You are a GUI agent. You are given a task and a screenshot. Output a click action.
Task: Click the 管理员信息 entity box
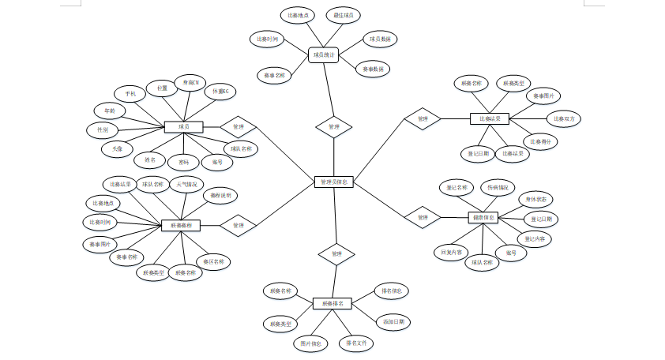tap(333, 182)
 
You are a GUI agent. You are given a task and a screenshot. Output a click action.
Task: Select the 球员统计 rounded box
tap(323, 55)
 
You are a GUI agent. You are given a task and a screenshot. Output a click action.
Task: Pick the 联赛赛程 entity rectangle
tap(180, 226)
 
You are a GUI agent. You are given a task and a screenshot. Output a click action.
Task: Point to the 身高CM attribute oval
tap(190, 83)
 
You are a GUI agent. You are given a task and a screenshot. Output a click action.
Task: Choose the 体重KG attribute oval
tap(220, 92)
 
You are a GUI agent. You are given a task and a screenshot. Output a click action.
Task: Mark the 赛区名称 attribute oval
tap(214, 261)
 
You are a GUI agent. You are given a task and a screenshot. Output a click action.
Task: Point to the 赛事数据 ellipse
tap(373, 69)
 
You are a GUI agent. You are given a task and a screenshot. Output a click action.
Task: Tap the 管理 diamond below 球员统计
tap(333, 126)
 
